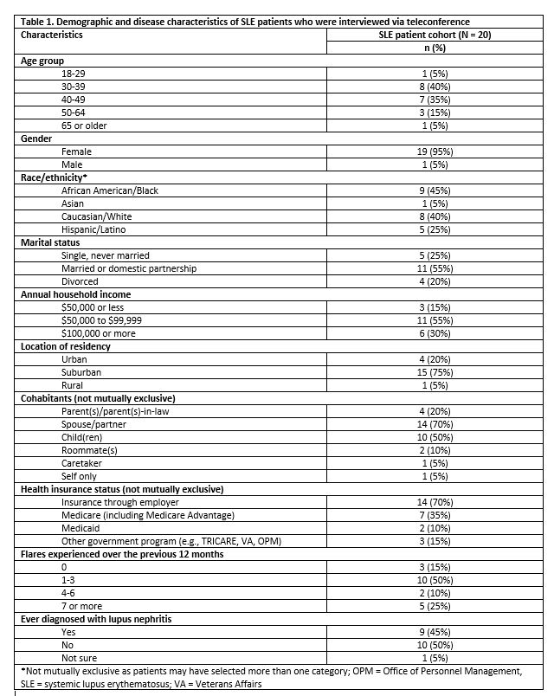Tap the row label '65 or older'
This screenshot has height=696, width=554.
(x=84, y=126)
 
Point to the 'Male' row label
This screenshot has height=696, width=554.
(x=73, y=164)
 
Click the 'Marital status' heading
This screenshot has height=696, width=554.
(x=51, y=242)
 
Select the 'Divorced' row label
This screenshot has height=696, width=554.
(x=81, y=281)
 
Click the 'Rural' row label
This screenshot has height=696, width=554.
(x=74, y=385)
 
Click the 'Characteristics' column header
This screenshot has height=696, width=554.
(x=52, y=35)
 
